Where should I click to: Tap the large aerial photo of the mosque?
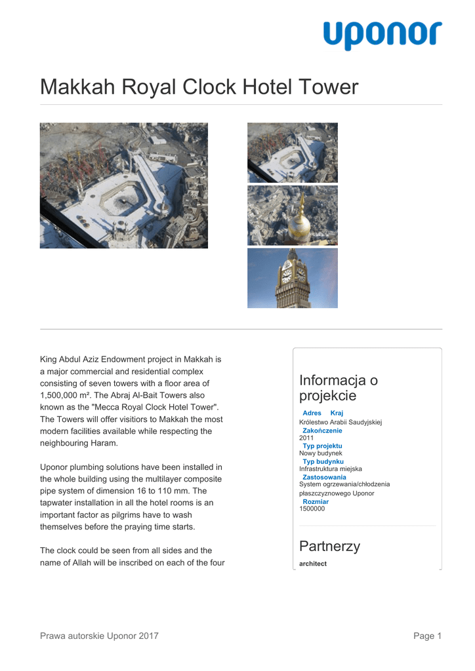123,185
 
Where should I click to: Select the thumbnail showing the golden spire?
292,215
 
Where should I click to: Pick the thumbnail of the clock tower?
292,278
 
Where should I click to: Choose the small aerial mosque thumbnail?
292,153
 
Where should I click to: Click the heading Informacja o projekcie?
338,388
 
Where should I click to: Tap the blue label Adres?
312,413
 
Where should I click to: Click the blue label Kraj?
337,413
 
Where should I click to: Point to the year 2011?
306,438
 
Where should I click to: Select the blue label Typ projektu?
322,446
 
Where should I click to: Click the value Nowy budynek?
321,453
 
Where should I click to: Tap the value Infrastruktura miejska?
330,469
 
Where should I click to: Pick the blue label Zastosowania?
324,477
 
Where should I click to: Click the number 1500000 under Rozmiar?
312,508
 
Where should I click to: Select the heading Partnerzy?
329,546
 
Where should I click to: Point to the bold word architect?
313,564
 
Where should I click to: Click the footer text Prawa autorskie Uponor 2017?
99,636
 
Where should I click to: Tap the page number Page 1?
427,636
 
